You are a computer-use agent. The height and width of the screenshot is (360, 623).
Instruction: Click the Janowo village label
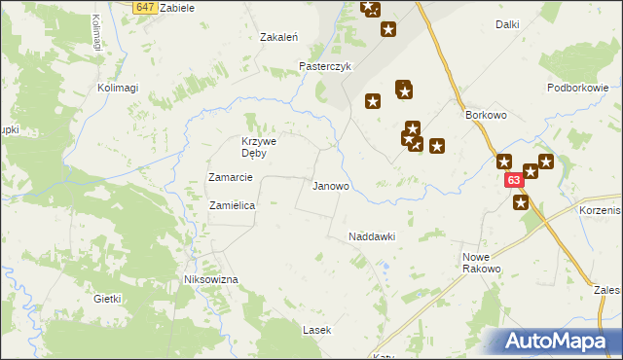tap(330, 185)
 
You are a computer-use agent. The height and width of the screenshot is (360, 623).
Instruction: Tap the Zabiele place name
tap(176, 7)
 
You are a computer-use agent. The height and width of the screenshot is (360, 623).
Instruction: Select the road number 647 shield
tap(144, 7)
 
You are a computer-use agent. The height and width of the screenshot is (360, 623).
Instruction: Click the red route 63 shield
tap(514, 180)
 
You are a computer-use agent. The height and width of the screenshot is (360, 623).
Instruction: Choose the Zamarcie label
tap(231, 177)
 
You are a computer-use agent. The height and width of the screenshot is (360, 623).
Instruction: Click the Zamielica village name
tap(233, 205)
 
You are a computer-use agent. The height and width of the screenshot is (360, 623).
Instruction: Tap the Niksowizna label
tap(211, 279)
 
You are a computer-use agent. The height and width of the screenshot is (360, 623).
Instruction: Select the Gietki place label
tap(107, 299)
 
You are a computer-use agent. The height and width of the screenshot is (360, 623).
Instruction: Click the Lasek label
tap(316, 330)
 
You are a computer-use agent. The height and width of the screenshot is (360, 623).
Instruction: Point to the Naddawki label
tap(371, 236)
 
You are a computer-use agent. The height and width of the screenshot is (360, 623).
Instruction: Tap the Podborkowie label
tap(577, 88)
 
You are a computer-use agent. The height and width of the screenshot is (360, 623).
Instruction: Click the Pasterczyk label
tap(323, 67)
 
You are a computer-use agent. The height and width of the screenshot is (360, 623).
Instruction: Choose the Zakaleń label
tap(278, 37)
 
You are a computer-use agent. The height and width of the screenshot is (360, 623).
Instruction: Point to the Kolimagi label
tap(118, 88)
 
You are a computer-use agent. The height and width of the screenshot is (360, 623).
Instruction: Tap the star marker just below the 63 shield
tap(521, 202)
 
